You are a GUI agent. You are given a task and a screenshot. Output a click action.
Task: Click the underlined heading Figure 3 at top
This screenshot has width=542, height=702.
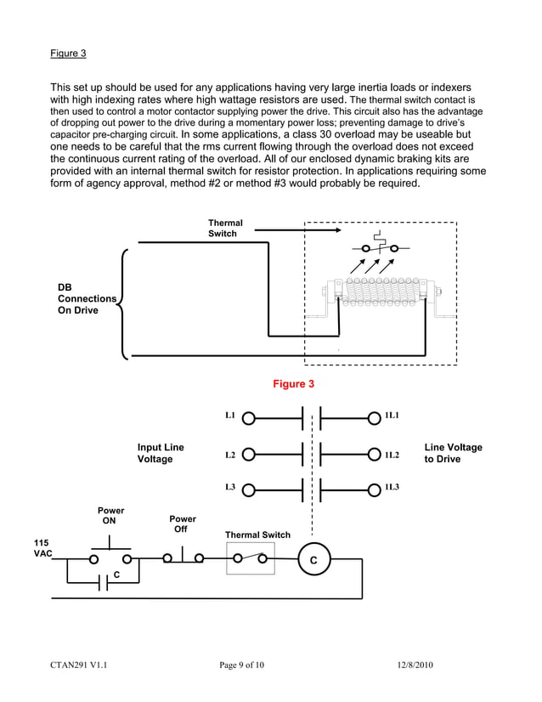tap(68, 54)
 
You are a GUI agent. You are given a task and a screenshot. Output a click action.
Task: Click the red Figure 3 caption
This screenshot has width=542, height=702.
tap(293, 384)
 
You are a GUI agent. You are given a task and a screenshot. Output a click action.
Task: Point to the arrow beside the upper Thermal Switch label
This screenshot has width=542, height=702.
tap(296, 229)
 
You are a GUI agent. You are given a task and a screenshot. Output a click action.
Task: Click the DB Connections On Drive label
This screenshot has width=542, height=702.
tap(87, 299)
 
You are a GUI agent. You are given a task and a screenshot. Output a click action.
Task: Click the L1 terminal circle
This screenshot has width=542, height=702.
tap(248, 417)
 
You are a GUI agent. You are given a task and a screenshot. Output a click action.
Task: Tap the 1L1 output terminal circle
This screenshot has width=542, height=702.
tap(375, 417)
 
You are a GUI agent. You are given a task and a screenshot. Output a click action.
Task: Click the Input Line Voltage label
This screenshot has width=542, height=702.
tap(161, 453)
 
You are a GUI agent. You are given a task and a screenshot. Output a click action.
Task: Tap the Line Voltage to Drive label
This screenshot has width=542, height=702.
tap(453, 453)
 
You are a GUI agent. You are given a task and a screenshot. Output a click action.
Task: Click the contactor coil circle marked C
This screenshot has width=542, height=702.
tap(313, 559)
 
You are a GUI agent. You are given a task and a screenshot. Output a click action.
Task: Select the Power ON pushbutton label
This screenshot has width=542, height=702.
tap(110, 516)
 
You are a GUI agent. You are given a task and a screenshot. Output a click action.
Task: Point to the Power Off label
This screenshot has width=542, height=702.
tap(183, 524)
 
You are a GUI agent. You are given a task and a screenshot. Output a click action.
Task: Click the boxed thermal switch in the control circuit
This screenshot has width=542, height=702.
tap(251, 559)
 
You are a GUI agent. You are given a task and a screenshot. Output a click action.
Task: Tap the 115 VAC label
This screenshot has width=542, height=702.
tap(42, 548)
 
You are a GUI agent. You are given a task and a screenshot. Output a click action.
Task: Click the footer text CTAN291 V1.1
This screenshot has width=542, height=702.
tap(78, 665)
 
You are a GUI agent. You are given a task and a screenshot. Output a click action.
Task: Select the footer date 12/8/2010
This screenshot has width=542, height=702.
tap(415, 665)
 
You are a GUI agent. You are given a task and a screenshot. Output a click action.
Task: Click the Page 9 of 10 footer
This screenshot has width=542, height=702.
tap(242, 665)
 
